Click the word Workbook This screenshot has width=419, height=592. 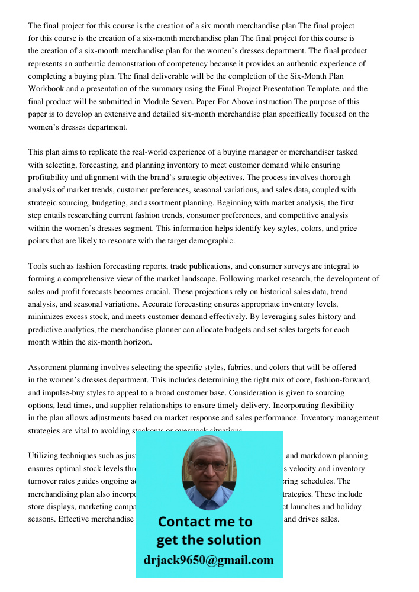47,89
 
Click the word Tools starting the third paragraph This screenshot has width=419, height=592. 38,266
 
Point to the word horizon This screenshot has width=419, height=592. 135,342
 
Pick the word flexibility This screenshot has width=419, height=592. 334,406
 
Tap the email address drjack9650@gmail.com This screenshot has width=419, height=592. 209,560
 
